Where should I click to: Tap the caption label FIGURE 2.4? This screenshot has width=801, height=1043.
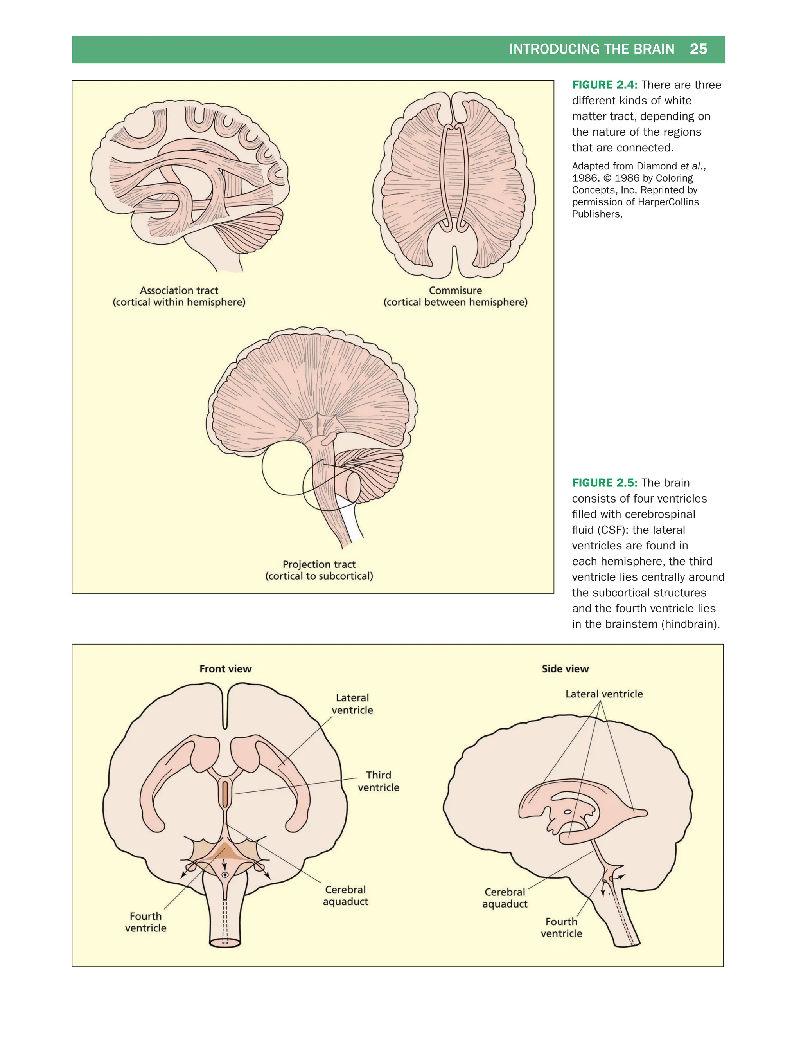pyautogui.click(x=605, y=85)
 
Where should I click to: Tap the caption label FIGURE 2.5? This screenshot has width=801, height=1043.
pyautogui.click(x=605, y=483)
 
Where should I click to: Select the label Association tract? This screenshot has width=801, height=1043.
pyautogui.click(x=179, y=290)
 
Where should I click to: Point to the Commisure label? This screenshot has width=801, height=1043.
pyautogui.click(x=455, y=290)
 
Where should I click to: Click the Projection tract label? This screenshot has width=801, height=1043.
pyautogui.click(x=319, y=564)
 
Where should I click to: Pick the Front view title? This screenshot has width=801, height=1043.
pyautogui.click(x=226, y=668)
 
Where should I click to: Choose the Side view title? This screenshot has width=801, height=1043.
pyautogui.click(x=565, y=668)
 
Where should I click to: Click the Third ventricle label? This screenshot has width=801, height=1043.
pyautogui.click(x=379, y=781)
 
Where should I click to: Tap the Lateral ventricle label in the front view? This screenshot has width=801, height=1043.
pyautogui.click(x=352, y=704)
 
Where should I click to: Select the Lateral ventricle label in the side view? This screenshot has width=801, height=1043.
pyautogui.click(x=604, y=694)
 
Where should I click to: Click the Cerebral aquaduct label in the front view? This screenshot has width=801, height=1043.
pyautogui.click(x=345, y=895)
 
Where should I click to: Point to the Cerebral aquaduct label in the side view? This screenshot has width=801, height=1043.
pyautogui.click(x=505, y=898)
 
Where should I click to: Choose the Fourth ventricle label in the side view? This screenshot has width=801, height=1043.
pyautogui.click(x=561, y=927)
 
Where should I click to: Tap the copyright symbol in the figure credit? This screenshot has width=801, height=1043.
pyautogui.click(x=607, y=178)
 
